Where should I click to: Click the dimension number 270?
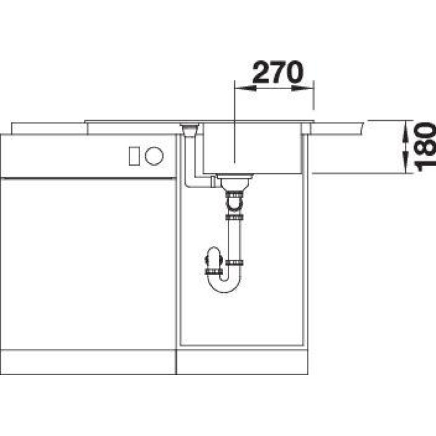(x=278, y=72)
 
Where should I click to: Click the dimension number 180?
(x=425, y=148)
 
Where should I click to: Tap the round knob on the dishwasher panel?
(x=154, y=156)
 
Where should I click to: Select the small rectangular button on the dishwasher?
(x=134, y=156)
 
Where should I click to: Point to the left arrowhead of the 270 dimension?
(x=245, y=88)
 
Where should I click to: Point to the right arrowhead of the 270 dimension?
(x=303, y=88)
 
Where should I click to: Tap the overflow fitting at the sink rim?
(x=189, y=130)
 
